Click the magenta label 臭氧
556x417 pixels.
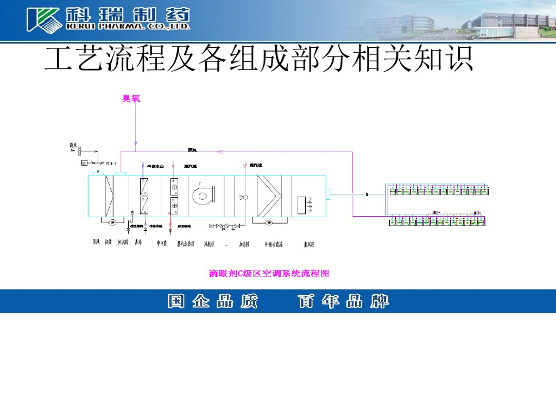tap(131, 99)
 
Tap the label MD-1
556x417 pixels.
tap(112, 163)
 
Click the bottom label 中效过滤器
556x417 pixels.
tap(274, 244)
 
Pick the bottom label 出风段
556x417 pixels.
tap(309, 244)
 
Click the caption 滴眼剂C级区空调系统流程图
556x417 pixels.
tap(269, 274)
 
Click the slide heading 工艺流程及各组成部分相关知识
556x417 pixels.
tap(258, 59)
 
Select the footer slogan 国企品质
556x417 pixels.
tap(212, 301)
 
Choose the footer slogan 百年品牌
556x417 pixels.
tap(343, 301)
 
